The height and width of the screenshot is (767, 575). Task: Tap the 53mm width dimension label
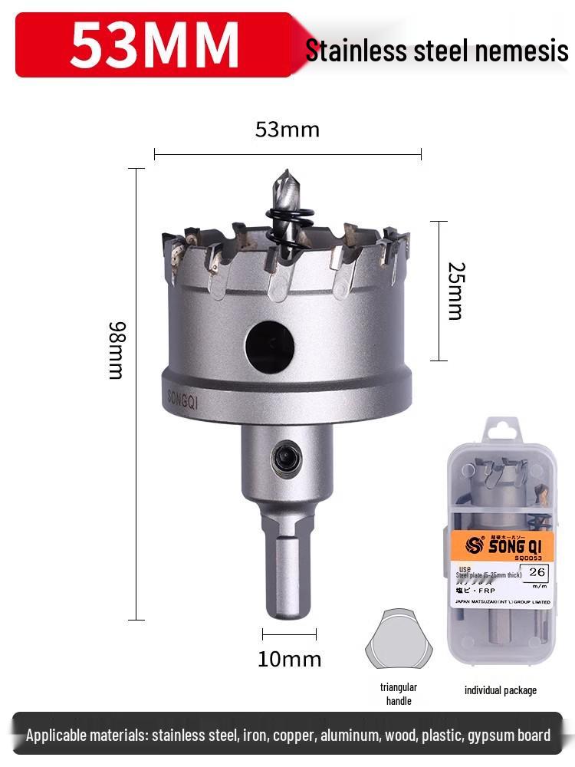(x=287, y=130)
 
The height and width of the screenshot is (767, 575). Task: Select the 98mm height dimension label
(x=117, y=350)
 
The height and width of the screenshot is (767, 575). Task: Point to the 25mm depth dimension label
(x=455, y=291)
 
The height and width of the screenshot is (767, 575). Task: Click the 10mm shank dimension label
(x=289, y=659)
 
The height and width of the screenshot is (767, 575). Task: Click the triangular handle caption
(x=399, y=693)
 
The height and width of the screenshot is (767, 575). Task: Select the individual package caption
(x=501, y=690)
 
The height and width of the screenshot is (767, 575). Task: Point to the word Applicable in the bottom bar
(x=58, y=736)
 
